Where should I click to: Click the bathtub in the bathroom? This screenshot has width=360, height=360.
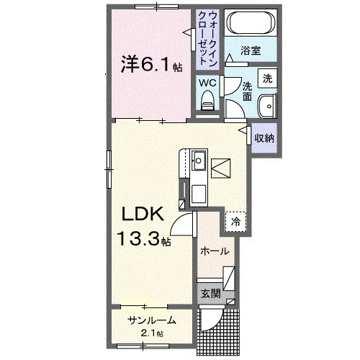tap(251, 23)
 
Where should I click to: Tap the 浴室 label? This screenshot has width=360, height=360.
tap(251, 50)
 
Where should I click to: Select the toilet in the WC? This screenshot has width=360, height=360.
tap(207, 101)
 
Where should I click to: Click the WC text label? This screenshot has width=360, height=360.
tap(207, 83)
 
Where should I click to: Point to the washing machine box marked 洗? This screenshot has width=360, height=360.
tap(267, 78)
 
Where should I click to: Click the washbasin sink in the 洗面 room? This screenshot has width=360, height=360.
tap(268, 107)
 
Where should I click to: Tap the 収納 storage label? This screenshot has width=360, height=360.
tap(264, 138)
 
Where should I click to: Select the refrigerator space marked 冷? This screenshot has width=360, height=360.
tap(235, 222)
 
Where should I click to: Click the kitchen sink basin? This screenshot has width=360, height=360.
tap(199, 161)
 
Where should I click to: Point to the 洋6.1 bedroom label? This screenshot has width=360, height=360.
tap(151, 64)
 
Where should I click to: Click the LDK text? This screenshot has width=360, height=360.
tap(143, 214)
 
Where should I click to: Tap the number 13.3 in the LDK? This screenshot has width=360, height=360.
tap(138, 238)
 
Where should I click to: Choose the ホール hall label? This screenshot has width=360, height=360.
tap(215, 251)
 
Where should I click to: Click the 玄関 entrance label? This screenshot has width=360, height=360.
tap(210, 293)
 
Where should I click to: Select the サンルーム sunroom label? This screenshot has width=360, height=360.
tap(152, 320)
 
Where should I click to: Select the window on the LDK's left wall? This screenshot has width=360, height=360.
tap(109, 169)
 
